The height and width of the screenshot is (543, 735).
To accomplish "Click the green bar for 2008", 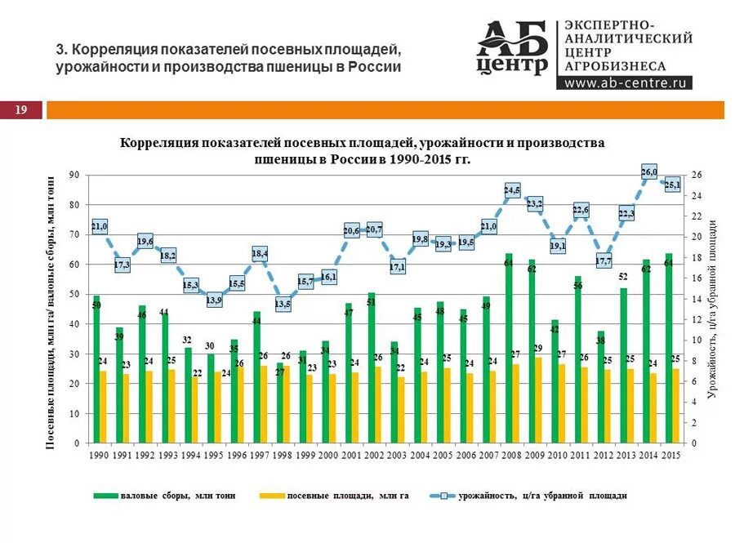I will (509, 351).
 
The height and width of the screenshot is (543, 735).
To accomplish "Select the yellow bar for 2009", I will (538, 400).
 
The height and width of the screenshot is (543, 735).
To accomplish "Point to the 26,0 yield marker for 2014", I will (649, 172).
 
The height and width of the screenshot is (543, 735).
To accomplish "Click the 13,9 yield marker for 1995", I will (214, 300).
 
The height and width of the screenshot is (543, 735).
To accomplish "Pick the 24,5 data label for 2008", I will (512, 190).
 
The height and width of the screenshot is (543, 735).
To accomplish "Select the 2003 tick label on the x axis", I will (397, 454).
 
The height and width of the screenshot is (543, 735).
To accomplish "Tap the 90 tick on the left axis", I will (73, 175).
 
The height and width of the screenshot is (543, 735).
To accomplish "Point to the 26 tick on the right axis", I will (696, 175).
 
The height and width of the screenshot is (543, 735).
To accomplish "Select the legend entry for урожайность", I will (531, 496).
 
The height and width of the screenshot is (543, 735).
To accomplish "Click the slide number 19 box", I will (21, 110).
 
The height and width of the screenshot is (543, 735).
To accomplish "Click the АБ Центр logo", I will (513, 48).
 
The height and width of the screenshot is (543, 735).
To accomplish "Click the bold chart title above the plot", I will (363, 150).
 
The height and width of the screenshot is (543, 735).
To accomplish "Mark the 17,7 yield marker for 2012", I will (604, 261).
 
